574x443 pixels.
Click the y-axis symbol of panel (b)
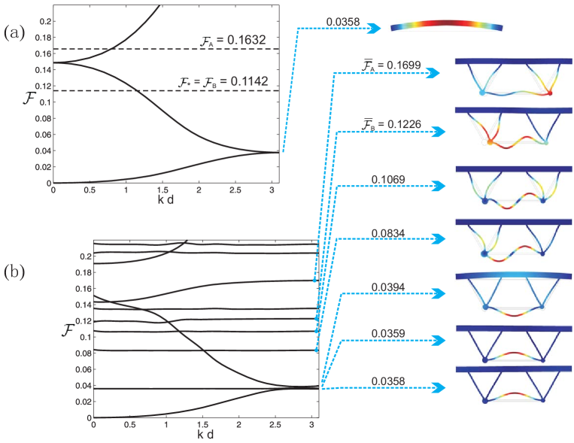(x=68, y=329)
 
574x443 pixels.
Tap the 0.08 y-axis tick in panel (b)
(x=83, y=353)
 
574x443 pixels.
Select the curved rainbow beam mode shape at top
(x=446, y=27)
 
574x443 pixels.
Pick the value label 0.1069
(x=388, y=180)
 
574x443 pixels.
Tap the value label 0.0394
(x=388, y=287)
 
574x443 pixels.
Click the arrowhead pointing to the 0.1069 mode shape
(x=436, y=186)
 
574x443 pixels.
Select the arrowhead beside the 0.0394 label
(x=436, y=293)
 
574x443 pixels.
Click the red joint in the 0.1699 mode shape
(x=550, y=93)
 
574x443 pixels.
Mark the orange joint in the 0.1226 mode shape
(x=490, y=141)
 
